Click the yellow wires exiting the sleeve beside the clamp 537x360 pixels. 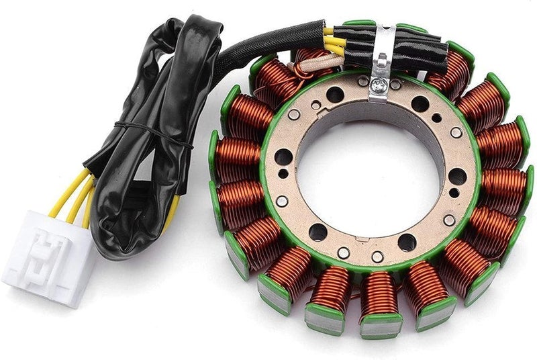tap(334, 42)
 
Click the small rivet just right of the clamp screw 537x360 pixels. tap(397, 85)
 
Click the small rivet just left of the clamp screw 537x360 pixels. tap(363, 81)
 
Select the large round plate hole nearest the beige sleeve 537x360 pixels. tap(334, 94)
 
